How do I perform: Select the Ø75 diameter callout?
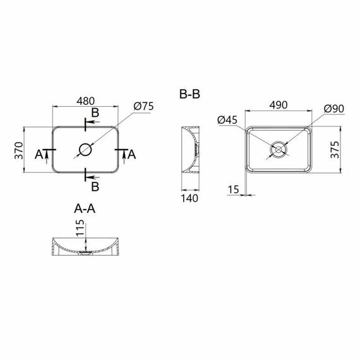(x=144, y=107)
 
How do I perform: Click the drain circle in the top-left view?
(x=85, y=150)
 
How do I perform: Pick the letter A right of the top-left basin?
(x=131, y=154)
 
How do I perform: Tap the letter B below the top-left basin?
(x=95, y=187)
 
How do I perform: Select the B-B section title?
(x=190, y=95)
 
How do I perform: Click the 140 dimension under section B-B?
(x=190, y=198)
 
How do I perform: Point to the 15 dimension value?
(x=234, y=189)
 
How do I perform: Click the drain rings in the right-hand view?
(x=278, y=150)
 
